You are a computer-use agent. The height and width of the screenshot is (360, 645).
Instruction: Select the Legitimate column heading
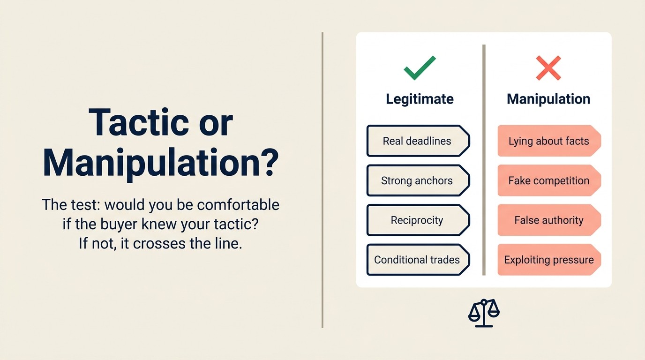pyautogui.click(x=420, y=99)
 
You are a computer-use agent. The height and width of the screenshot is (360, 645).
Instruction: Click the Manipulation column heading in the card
pyautogui.click(x=548, y=99)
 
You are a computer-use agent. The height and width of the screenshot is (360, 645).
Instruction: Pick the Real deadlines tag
pyautogui.click(x=417, y=141)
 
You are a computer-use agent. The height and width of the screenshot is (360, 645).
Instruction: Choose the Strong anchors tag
pyautogui.click(x=417, y=180)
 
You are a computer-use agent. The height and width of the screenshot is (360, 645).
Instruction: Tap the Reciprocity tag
pyautogui.click(x=417, y=220)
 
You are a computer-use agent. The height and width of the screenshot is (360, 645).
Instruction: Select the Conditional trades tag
pyautogui.click(x=417, y=260)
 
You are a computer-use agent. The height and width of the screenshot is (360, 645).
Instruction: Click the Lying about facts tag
pyautogui.click(x=548, y=141)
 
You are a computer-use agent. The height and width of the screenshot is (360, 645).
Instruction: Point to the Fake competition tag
pyautogui.click(x=548, y=180)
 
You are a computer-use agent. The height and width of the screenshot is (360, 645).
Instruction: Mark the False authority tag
pyautogui.click(x=548, y=220)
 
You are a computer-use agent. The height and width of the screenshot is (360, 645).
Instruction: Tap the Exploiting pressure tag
pyautogui.click(x=548, y=260)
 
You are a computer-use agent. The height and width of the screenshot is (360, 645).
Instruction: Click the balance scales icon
pyautogui.click(x=484, y=313)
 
